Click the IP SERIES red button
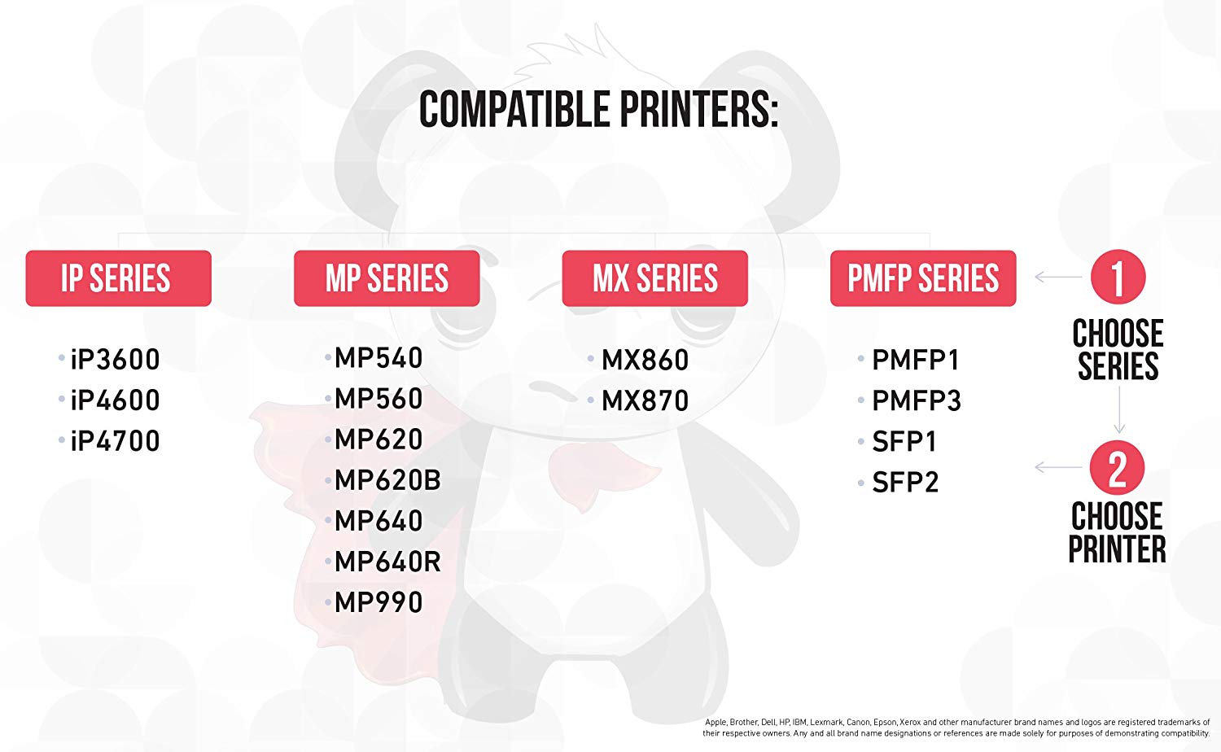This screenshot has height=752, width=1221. click(x=118, y=278)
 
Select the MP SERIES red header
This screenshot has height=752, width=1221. click(x=387, y=278)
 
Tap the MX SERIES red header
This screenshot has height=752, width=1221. click(x=654, y=278)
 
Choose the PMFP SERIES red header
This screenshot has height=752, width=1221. click(x=923, y=278)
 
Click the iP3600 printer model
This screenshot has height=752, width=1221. click(x=115, y=359)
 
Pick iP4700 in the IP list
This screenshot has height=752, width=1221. click(x=115, y=441)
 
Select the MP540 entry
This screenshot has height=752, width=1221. click(x=379, y=358)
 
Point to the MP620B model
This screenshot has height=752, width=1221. click(x=387, y=480)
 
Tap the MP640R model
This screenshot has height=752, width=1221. click(x=387, y=562)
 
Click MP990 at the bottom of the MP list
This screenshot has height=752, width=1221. click(x=379, y=602)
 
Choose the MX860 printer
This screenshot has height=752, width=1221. click(x=645, y=360)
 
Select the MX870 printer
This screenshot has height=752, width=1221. click(x=645, y=400)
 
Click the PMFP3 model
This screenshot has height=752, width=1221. click(x=917, y=400)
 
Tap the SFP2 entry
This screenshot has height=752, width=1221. click(x=905, y=483)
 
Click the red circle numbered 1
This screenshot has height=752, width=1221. click(x=1118, y=277)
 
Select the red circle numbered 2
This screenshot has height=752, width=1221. click(x=1118, y=467)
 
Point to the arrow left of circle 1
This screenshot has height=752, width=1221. click(x=1058, y=277)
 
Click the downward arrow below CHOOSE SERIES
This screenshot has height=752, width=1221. click(x=1119, y=409)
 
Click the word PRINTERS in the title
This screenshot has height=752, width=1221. click(x=698, y=110)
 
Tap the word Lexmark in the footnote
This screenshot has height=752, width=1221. click(x=825, y=722)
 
